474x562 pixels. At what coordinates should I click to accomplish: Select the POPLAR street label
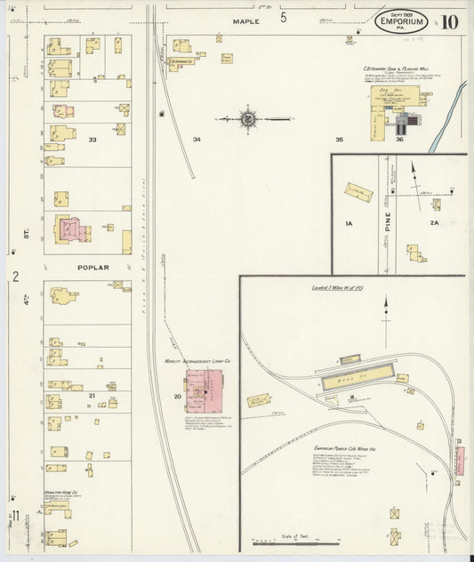pos(92,267)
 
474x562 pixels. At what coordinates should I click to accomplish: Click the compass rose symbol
pos(248,117)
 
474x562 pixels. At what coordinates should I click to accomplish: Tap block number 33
pos(92,140)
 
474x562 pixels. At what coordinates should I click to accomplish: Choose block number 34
pos(197,140)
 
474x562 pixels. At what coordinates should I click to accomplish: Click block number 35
pos(339,140)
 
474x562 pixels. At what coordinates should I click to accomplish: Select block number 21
pos(92,394)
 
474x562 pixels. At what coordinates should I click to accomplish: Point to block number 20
pos(177,396)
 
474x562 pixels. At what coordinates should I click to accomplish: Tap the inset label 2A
pos(435,226)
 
